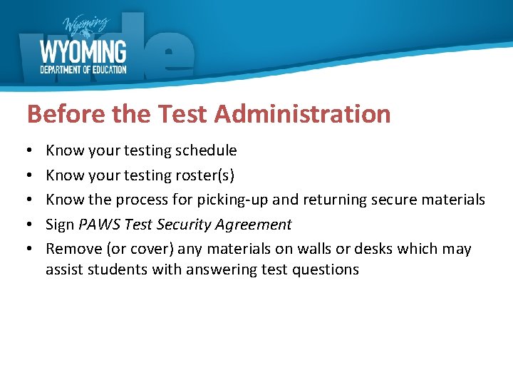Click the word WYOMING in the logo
tap(83, 52)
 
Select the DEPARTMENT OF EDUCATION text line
tap(83, 69)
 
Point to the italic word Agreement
tap(256, 225)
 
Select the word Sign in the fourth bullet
tap(59, 225)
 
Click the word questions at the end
tap(326, 269)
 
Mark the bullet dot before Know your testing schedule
tap(31, 151)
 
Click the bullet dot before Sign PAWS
tap(31, 225)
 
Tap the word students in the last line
tap(109, 269)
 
